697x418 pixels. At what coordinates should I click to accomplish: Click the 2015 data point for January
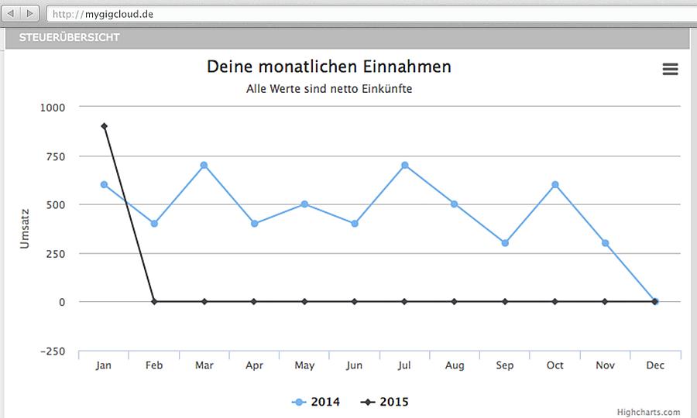[x=104, y=126]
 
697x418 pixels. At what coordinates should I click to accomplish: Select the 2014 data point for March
[x=204, y=165]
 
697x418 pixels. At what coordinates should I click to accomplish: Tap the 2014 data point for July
[x=404, y=165]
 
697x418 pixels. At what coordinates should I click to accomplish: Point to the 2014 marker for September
[x=505, y=243]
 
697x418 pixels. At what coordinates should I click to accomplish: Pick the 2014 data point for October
[x=555, y=184]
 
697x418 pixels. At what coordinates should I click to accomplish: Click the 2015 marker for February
[x=154, y=301]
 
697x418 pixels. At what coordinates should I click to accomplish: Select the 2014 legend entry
[x=317, y=402]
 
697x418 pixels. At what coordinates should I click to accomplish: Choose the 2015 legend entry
[x=385, y=402]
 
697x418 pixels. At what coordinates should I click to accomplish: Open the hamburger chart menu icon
[x=670, y=70]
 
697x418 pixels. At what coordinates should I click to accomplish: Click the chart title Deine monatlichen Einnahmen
[x=328, y=67]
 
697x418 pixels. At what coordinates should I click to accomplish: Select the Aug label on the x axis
[x=454, y=365]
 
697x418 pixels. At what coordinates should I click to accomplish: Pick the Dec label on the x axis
[x=654, y=365]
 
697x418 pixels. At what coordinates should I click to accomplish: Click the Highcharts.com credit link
[x=648, y=413]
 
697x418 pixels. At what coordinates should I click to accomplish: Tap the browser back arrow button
[x=13, y=14]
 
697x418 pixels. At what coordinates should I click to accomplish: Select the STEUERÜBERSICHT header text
[x=70, y=37]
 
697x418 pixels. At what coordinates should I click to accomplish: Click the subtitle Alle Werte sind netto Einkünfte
[x=328, y=89]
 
